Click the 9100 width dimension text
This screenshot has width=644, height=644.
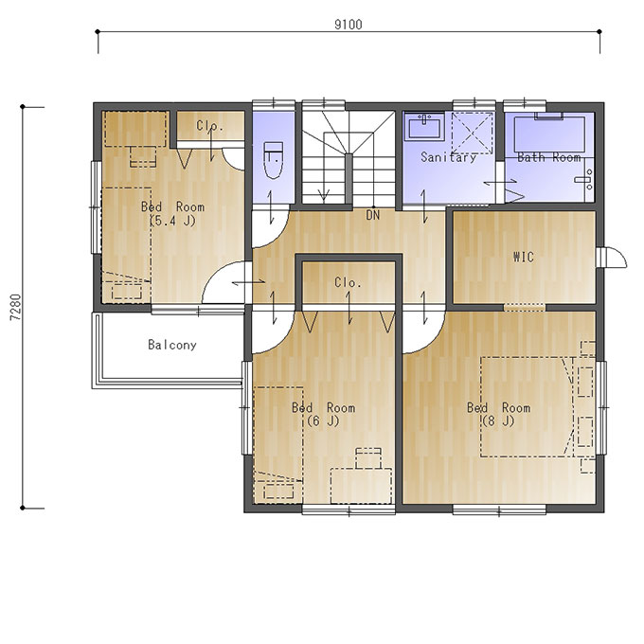349,25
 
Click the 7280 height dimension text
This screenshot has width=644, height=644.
16,307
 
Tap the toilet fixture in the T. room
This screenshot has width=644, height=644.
273,160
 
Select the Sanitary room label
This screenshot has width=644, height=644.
449,157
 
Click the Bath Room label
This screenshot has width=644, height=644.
549,157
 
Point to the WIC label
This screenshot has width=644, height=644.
524,257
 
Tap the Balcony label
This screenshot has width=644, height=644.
172,345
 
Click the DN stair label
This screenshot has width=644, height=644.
373,215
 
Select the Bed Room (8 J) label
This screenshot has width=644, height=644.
498,415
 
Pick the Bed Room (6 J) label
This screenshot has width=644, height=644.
323,415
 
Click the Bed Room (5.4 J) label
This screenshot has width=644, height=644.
172,214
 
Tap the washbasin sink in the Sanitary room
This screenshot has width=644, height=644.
424,126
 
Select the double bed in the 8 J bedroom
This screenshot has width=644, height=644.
527,407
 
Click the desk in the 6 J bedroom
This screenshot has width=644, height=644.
361,487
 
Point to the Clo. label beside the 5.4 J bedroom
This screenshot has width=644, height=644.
209,126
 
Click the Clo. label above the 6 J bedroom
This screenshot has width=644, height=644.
348,282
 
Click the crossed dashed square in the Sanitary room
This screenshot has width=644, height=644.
472,134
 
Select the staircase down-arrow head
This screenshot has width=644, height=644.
324,196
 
